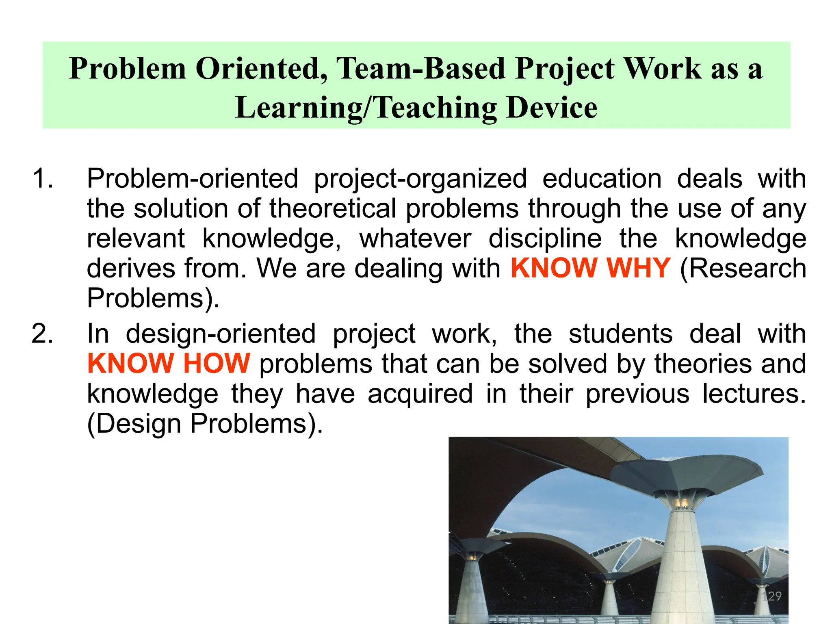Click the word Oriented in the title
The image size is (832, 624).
click(x=262, y=69)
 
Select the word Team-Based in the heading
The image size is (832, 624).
click(x=421, y=69)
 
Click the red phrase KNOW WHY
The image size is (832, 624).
click(x=590, y=268)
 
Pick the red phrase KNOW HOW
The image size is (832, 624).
click(x=169, y=363)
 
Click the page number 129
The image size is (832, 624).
click(x=771, y=596)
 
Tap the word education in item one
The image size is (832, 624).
click(x=602, y=179)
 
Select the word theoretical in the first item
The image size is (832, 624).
click(x=333, y=209)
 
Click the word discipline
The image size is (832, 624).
click(x=545, y=238)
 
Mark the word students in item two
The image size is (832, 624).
click(x=620, y=334)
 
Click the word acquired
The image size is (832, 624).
click(x=420, y=394)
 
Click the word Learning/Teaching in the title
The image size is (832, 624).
click(x=366, y=108)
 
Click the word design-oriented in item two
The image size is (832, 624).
click(x=221, y=334)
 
